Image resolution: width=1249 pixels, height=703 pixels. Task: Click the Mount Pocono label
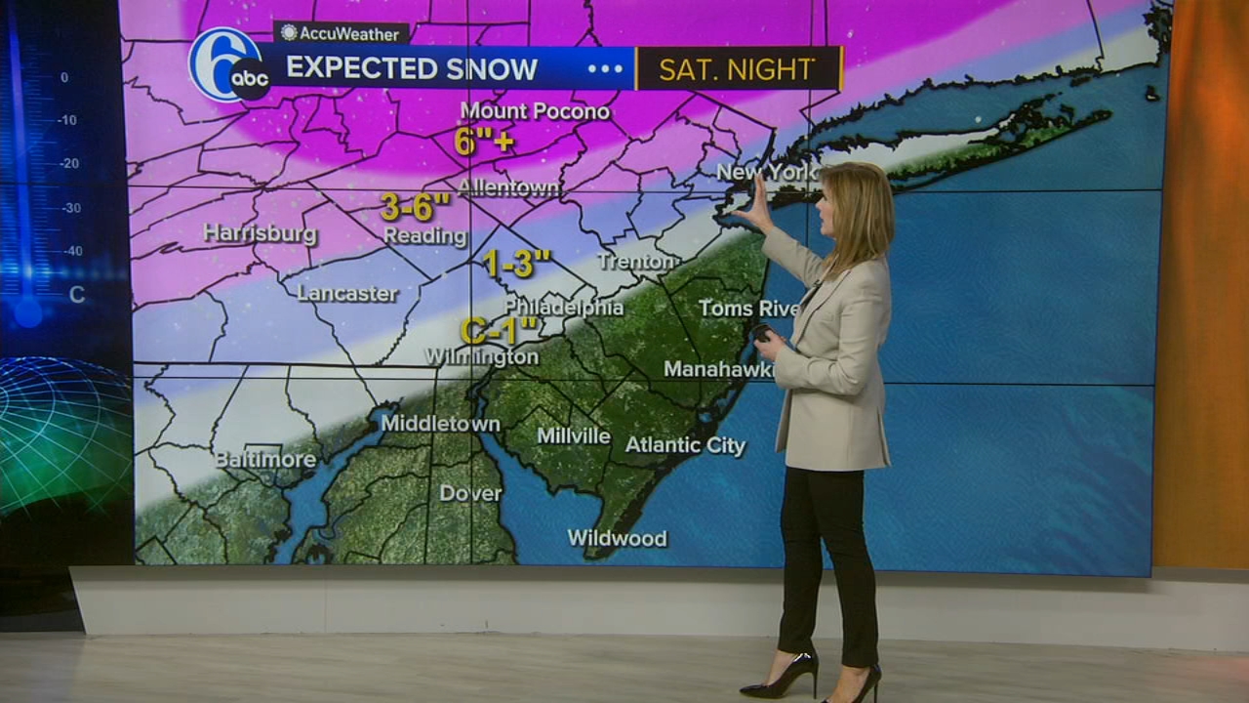[x=535, y=111]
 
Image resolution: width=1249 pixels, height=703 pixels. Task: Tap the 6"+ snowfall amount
[x=484, y=143]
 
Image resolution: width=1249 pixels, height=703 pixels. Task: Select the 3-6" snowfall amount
[x=416, y=206]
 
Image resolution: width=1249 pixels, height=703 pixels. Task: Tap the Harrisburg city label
[x=261, y=233]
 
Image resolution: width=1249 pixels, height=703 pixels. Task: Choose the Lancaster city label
[x=347, y=293]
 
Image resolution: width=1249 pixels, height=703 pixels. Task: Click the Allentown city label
[x=508, y=187]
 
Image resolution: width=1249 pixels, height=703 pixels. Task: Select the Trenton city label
[x=638, y=262]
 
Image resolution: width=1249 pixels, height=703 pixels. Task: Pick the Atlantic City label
[x=685, y=445]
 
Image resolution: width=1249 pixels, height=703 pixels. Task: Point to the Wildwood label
[x=618, y=538]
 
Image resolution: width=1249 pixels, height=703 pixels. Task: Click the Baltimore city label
[x=265, y=459]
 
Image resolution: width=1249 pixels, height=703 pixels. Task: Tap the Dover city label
[x=470, y=493]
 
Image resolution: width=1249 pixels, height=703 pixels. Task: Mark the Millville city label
[x=574, y=435]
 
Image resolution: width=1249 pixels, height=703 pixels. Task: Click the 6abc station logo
[x=230, y=65]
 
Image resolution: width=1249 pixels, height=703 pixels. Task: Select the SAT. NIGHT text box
[x=738, y=69]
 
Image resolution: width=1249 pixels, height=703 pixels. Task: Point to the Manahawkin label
[x=720, y=369]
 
